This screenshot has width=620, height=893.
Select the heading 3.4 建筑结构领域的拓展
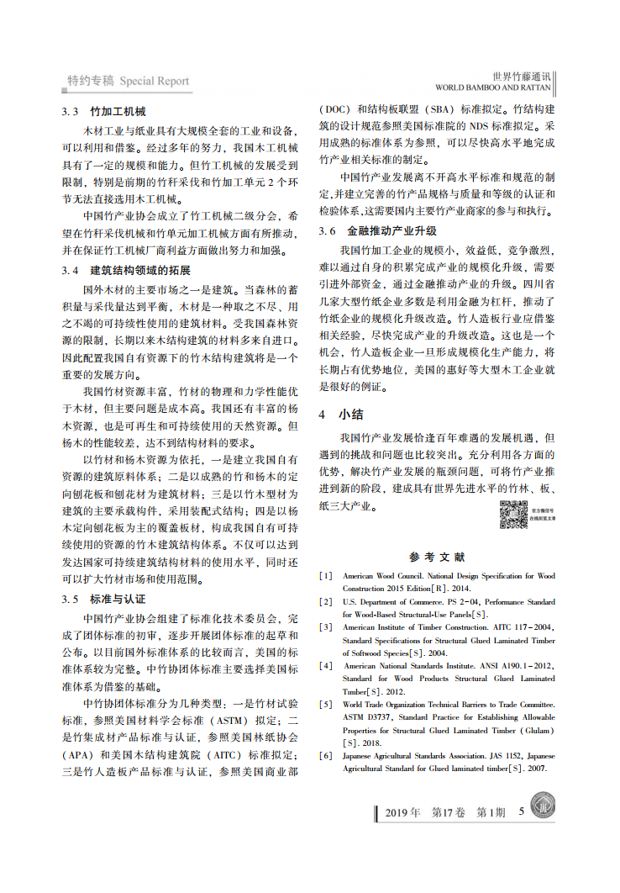pyautogui.click(x=126, y=270)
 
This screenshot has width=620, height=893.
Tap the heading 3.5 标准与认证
pyautogui.click(x=104, y=599)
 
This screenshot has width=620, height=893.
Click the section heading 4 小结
pyautogui.click(x=340, y=414)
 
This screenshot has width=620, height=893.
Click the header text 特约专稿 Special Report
pyautogui.click(x=129, y=82)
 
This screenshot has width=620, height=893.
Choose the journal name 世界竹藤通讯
pyautogui.click(x=521, y=75)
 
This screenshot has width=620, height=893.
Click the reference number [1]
pyautogui.click(x=326, y=576)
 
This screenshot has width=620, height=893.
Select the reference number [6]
pyautogui.click(x=326, y=756)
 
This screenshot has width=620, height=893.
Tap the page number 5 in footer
pyautogui.click(x=522, y=812)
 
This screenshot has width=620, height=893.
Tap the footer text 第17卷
pyautogui.click(x=448, y=813)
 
